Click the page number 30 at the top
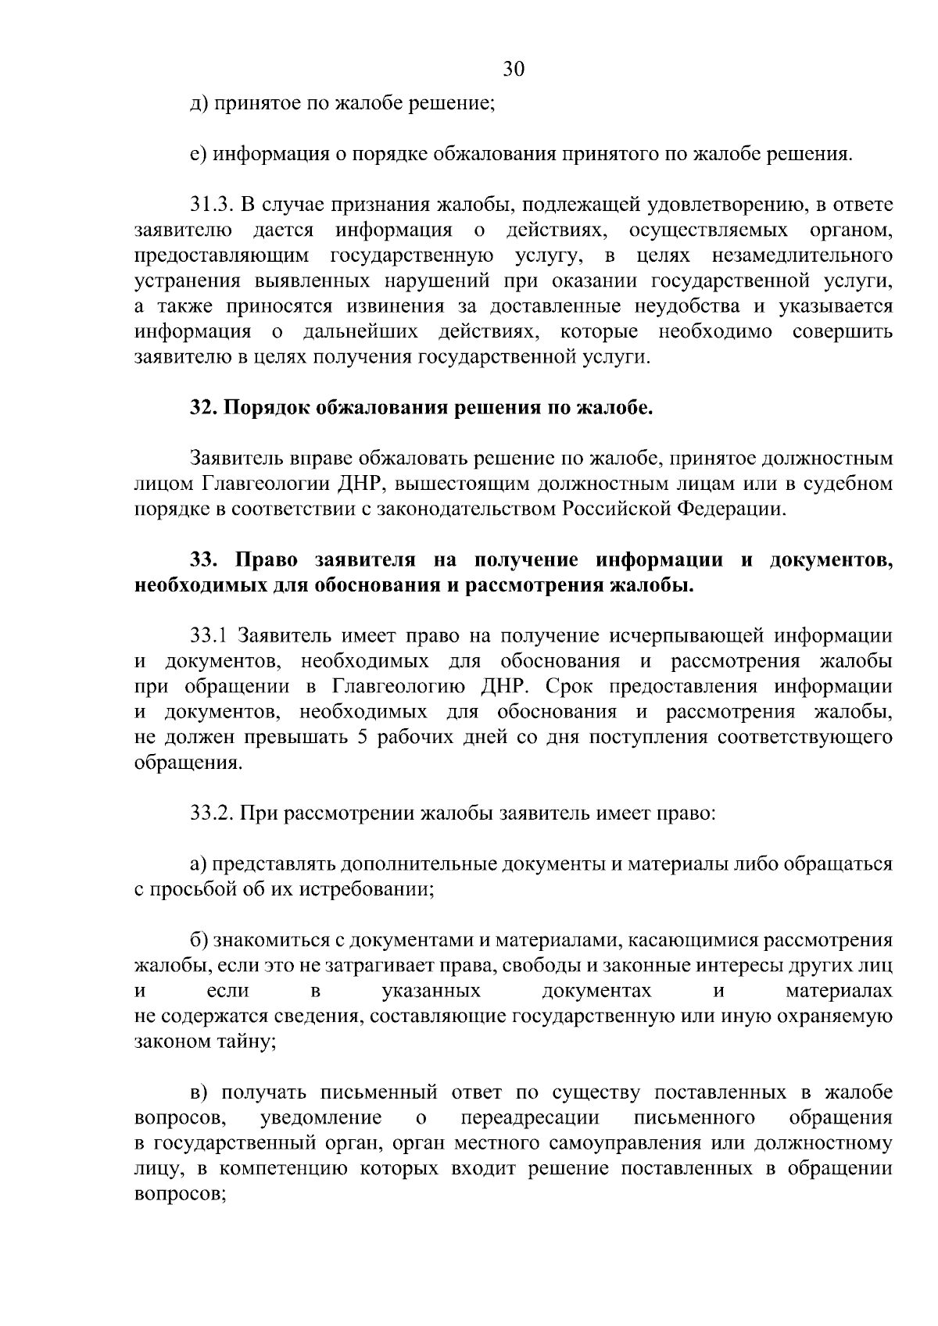tap(513, 70)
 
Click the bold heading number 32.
tap(203, 408)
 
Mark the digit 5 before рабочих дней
tap(362, 738)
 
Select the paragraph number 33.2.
tap(212, 813)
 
